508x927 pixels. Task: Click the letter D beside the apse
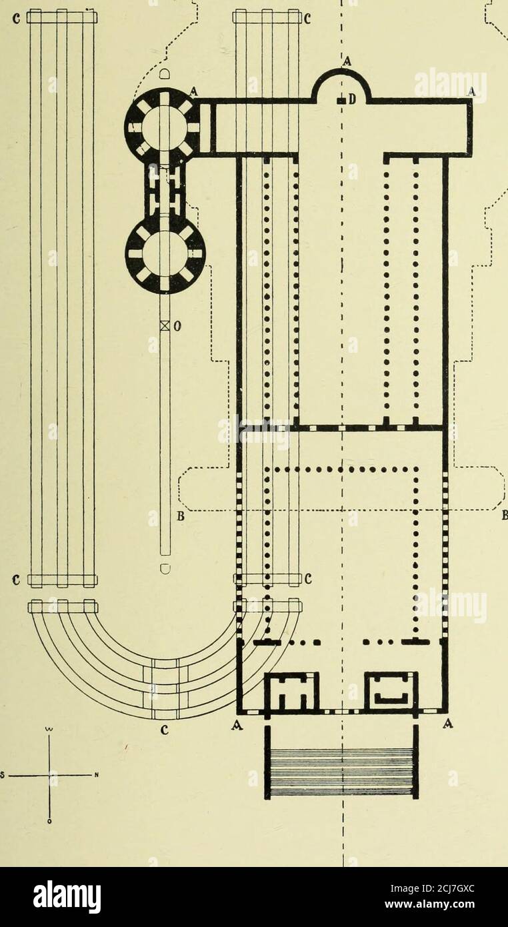click(352, 99)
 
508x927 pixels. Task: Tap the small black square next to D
click(342, 100)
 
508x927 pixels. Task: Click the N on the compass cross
click(95, 775)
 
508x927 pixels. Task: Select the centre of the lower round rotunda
click(165, 254)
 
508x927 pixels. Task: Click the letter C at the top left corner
click(17, 19)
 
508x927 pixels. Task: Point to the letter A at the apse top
click(347, 61)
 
